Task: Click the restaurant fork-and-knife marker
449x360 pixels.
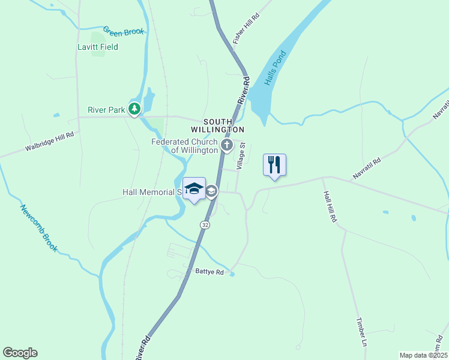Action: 274,164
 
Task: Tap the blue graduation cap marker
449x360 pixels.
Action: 194,188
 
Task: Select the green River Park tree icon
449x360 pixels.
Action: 136,109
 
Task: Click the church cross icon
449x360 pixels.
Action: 227,145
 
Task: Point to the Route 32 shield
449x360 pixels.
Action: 204,224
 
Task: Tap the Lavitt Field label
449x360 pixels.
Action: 98,47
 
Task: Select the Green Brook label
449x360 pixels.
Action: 124,31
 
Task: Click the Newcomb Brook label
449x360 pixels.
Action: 38,228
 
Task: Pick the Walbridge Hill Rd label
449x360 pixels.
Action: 49,142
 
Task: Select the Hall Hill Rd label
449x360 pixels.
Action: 330,207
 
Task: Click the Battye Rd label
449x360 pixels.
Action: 209,272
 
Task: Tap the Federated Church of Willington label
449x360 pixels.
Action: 184,146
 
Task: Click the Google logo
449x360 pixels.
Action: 20,353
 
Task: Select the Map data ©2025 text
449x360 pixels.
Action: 423,355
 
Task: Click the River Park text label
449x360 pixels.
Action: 105,109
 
